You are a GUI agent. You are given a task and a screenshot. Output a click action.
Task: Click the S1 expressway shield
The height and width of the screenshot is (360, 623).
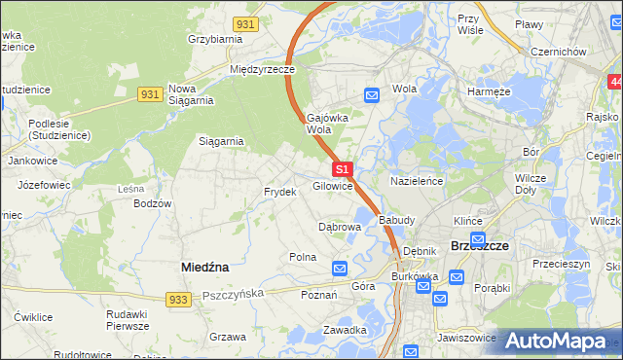coord(341,169)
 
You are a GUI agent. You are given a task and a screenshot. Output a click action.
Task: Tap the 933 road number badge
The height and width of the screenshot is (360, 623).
coord(176,301)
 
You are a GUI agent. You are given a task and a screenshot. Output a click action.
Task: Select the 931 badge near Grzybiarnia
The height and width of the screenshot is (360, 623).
coord(246,23)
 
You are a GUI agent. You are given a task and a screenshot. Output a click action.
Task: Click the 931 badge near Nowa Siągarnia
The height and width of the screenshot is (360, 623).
coord(149,93)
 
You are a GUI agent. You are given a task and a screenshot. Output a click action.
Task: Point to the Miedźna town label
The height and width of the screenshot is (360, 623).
coord(205,265)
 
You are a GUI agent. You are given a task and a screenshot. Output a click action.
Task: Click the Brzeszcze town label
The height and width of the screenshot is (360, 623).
coord(480,246)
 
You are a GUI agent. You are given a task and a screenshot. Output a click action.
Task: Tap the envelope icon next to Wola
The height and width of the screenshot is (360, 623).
coord(372,94)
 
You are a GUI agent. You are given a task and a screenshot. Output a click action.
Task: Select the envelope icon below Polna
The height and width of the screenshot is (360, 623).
coord(340,268)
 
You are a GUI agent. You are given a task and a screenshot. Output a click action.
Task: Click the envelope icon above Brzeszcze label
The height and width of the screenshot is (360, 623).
coord(477,238)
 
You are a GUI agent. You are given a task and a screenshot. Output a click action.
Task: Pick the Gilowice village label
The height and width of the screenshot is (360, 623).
coord(332,186)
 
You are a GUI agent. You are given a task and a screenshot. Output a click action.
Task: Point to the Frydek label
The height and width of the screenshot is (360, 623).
coord(279,192)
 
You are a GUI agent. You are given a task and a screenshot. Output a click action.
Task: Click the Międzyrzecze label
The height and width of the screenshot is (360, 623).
coord(262,69)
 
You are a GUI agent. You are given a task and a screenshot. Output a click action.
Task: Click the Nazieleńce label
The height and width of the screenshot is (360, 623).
coord(417,182)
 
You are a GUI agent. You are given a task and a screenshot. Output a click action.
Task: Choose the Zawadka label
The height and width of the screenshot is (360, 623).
coord(345,330)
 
